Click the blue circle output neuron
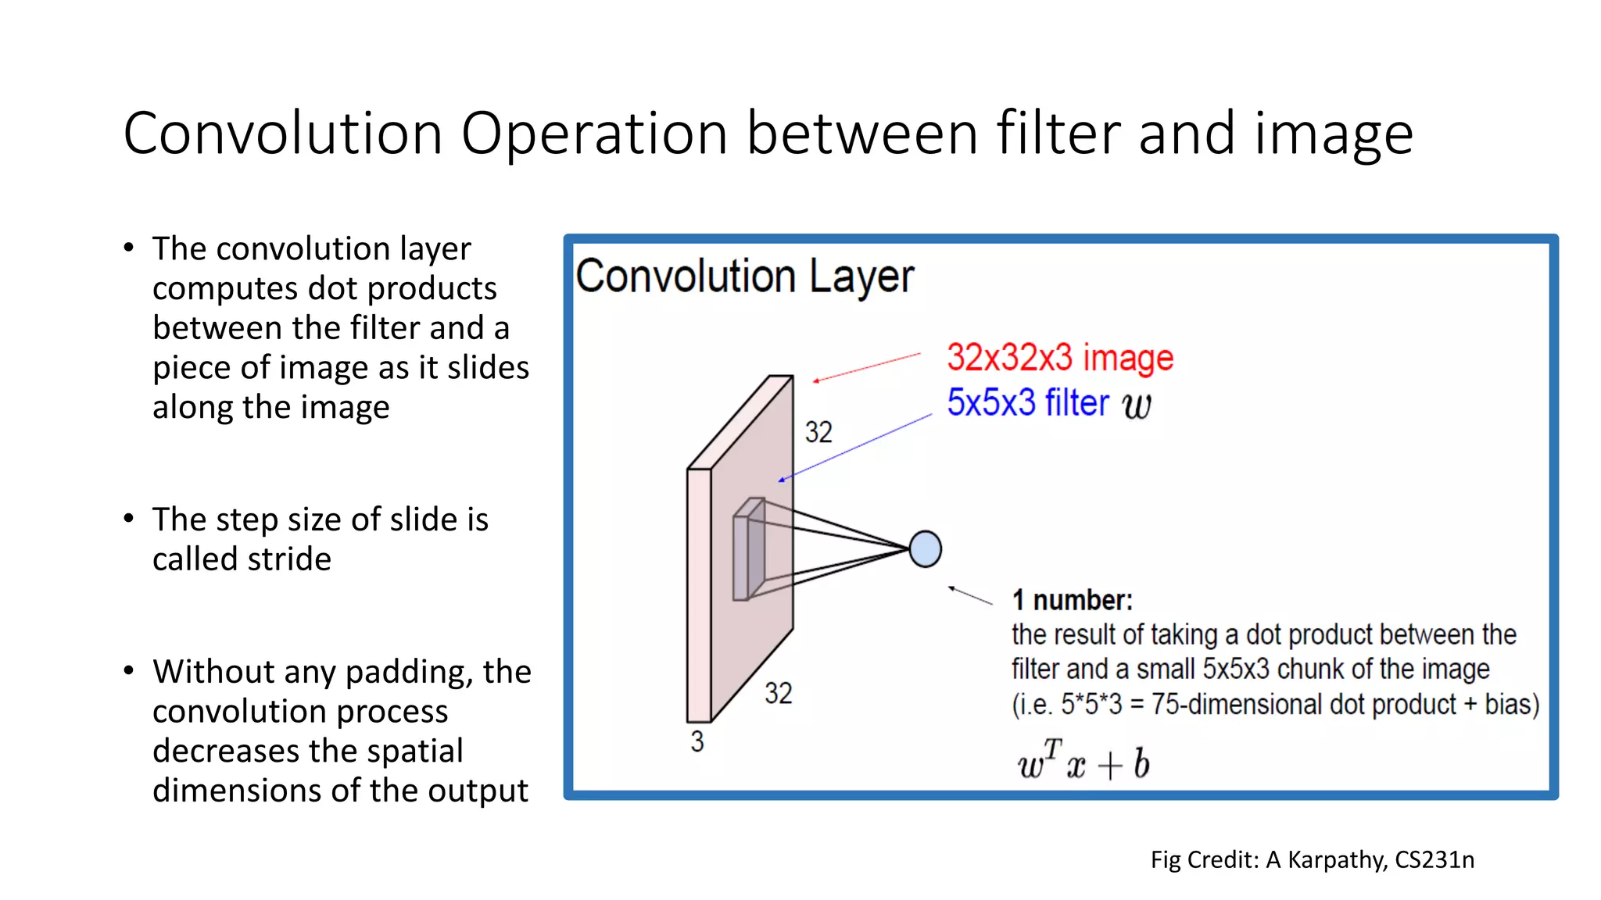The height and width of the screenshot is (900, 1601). click(x=925, y=548)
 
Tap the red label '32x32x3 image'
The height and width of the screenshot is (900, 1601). click(x=1059, y=358)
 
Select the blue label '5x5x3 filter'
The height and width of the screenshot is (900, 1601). click(x=1027, y=403)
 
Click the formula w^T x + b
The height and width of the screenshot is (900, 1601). click(x=1083, y=762)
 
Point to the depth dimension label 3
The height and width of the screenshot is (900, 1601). click(x=697, y=741)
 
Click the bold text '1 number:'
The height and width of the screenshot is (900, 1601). click(x=1072, y=600)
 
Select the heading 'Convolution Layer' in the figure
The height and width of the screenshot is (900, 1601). click(x=744, y=277)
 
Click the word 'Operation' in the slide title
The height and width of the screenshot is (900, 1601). click(x=594, y=134)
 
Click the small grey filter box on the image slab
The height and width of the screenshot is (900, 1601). click(x=748, y=550)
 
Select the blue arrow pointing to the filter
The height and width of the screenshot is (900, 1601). click(x=855, y=448)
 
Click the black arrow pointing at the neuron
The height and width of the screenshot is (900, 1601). click(x=970, y=595)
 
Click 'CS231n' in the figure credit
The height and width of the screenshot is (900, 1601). click(x=1434, y=860)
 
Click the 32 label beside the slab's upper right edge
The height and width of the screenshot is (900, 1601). click(x=818, y=432)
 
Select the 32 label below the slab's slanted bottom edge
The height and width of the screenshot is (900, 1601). click(x=778, y=693)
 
